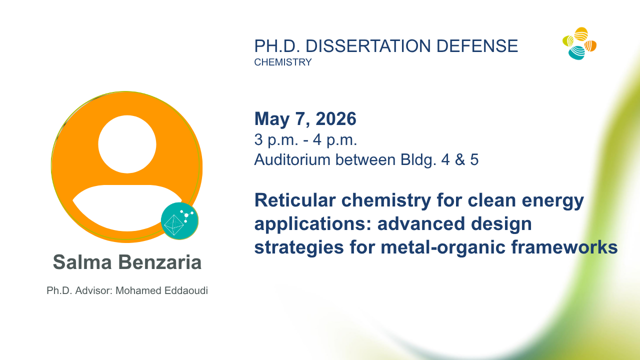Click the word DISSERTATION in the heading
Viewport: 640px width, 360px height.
(368, 46)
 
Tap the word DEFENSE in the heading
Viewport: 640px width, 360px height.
(477, 46)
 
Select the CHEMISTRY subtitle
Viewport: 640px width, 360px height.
(283, 62)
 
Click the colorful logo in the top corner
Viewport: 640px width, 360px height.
(579, 43)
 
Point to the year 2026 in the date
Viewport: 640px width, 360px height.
(336, 118)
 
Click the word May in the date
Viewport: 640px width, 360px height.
(271, 119)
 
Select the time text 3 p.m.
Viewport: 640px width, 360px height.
(276, 140)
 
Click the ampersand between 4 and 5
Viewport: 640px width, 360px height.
(460, 159)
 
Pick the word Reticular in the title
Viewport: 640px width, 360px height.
(295, 200)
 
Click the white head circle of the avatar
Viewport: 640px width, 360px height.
(127, 144)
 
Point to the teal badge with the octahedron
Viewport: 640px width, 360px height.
(179, 221)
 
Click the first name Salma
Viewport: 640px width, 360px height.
(82, 262)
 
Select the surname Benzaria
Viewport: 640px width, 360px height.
(160, 262)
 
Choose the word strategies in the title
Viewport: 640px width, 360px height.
(299, 247)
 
